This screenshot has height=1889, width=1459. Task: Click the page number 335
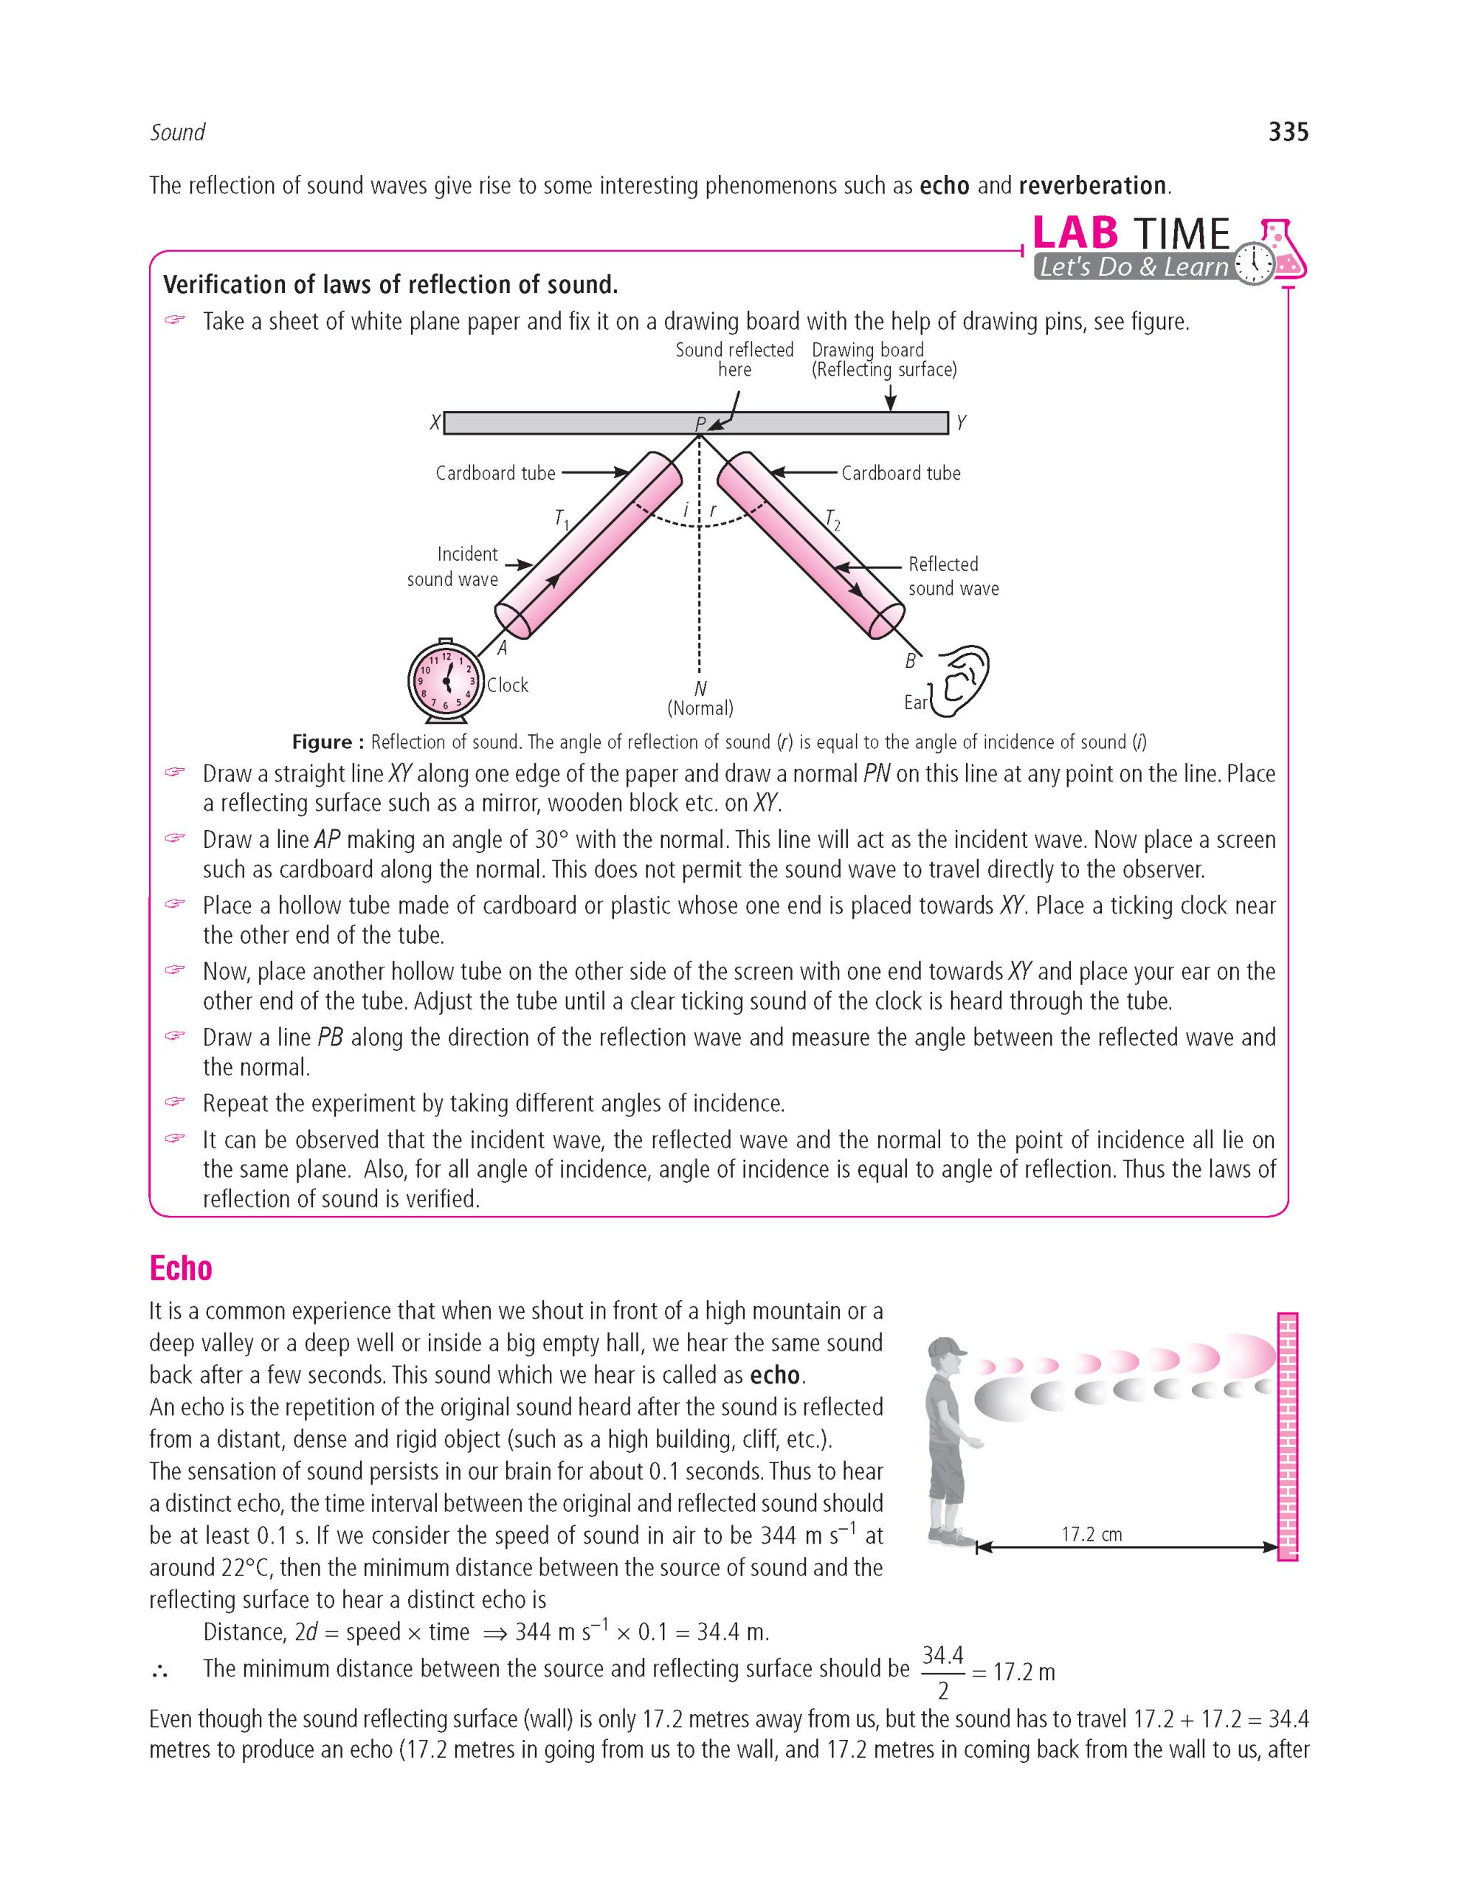pos(1288,132)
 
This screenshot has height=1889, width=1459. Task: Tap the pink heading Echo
pos(181,1268)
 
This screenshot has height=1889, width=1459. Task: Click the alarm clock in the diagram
pos(444,679)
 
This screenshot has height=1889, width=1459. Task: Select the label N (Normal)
pos(700,699)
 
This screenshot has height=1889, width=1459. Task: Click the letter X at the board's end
pos(435,423)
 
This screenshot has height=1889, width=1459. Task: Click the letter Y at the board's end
pos(961,423)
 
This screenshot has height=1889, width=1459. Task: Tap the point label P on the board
pos(700,424)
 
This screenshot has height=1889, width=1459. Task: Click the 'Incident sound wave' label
pos(453,567)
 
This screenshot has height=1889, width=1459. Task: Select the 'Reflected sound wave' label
pos(953,576)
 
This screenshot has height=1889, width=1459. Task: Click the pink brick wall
pos(1288,1436)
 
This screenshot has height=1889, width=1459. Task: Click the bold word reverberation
pos(1093,185)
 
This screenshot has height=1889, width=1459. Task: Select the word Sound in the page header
pos(177,132)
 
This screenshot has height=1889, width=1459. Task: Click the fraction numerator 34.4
pos(942,1657)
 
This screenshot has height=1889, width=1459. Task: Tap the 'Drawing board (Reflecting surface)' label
pos(884,360)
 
